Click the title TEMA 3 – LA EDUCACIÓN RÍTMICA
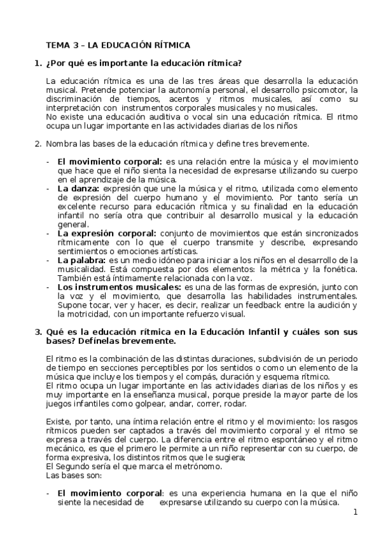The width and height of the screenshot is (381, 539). pos(118,45)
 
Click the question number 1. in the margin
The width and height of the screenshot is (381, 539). pos(37,63)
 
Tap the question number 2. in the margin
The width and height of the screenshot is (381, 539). pos(37,143)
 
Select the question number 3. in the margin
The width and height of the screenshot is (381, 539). pos(37,332)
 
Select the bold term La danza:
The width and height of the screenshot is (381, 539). pos(78,189)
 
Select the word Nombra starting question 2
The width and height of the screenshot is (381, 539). pos(63,143)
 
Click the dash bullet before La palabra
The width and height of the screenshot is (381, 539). pos(48,260)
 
